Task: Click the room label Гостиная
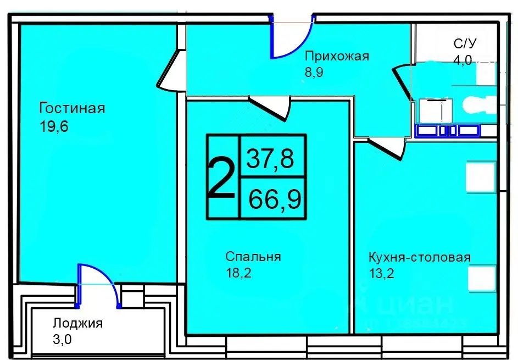pyautogui.click(x=71, y=108)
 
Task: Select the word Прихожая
pyautogui.click(x=337, y=56)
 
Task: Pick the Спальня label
pyautogui.click(x=253, y=257)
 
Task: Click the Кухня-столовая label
pyautogui.click(x=420, y=257)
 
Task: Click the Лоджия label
pyautogui.click(x=77, y=323)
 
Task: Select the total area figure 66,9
pyautogui.click(x=274, y=199)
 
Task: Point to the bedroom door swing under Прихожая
pyautogui.click(x=271, y=108)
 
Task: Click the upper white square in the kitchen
pyautogui.click(x=481, y=176)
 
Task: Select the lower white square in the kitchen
pyautogui.click(x=481, y=279)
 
